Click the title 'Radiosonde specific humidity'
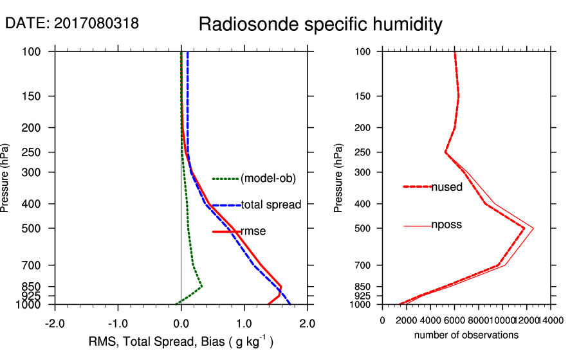pyautogui.click(x=320, y=24)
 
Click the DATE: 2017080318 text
pyautogui.click(x=71, y=24)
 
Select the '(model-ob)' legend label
pyautogui.click(x=268, y=179)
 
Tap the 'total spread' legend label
pyautogui.click(x=271, y=205)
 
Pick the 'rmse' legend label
pyautogui.click(x=253, y=231)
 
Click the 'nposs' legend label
pyautogui.click(x=446, y=225)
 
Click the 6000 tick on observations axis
pyautogui.click(x=454, y=319)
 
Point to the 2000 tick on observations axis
pyautogui.click(x=407, y=319)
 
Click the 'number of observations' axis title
pyautogui.click(x=466, y=335)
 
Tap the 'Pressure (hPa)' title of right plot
pyautogui.click(x=339, y=177)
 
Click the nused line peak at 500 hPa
pyautogui.click(x=524, y=228)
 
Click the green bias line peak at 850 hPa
pyautogui.click(x=201, y=286)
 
